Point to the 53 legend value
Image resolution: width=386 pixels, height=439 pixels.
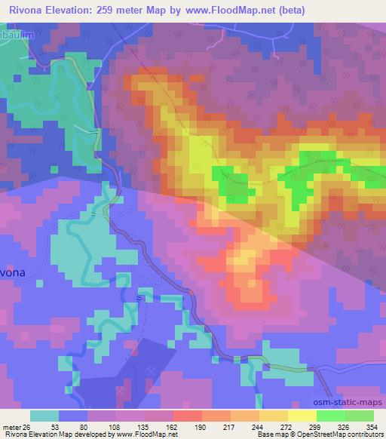tap(55, 427)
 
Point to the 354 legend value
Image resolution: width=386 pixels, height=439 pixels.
tap(372, 427)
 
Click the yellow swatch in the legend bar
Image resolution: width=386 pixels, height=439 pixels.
tap(302, 416)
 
